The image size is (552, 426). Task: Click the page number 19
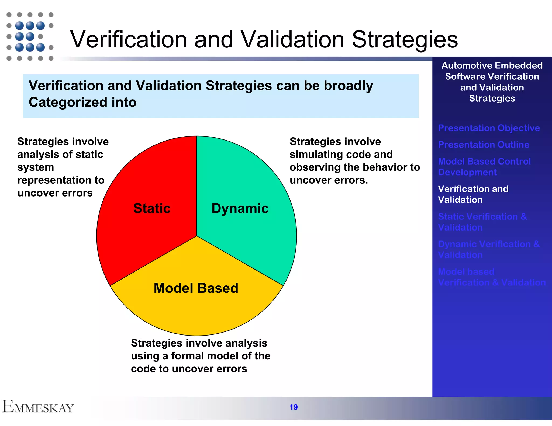[x=294, y=407]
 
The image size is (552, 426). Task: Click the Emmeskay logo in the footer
[x=38, y=407]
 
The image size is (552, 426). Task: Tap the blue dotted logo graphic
[x=30, y=36]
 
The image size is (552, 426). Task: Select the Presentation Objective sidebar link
[x=489, y=128]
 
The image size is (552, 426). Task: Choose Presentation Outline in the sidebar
[x=484, y=145]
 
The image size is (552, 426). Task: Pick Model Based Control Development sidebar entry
[x=484, y=167]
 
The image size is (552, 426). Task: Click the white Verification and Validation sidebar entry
[x=473, y=194]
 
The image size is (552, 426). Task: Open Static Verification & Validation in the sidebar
[x=482, y=222]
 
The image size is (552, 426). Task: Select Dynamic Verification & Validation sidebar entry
[x=489, y=249]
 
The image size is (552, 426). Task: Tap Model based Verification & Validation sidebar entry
[x=492, y=277]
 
